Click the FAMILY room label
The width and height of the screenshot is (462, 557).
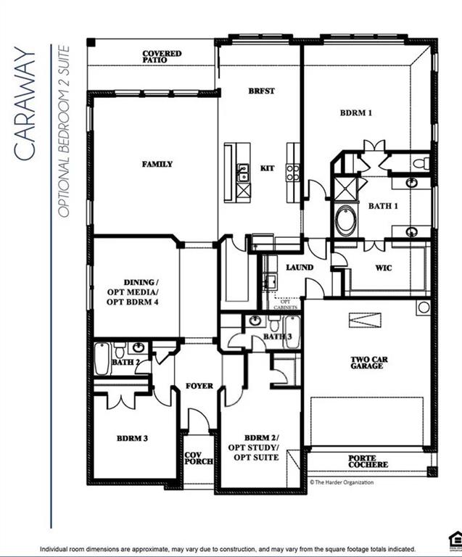pos(157,165)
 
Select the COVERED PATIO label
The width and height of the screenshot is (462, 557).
pos(161,57)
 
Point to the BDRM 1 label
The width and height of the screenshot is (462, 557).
pos(356,113)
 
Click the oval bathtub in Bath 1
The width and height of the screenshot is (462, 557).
pos(346,220)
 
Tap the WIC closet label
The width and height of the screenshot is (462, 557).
pos(384,268)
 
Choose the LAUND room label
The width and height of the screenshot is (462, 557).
pos(299,268)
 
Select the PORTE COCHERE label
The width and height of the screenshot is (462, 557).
pos(368,461)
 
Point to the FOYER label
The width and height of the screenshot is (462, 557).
pos(199,386)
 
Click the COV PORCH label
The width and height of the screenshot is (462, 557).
pos(193,458)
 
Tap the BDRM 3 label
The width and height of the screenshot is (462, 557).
pos(133,439)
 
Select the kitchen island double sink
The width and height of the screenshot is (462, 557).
pos(243,173)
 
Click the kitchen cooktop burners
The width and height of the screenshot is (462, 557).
pos(293,172)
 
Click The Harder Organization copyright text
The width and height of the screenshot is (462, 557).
pos(342,482)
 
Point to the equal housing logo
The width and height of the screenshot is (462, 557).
pos(455,537)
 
